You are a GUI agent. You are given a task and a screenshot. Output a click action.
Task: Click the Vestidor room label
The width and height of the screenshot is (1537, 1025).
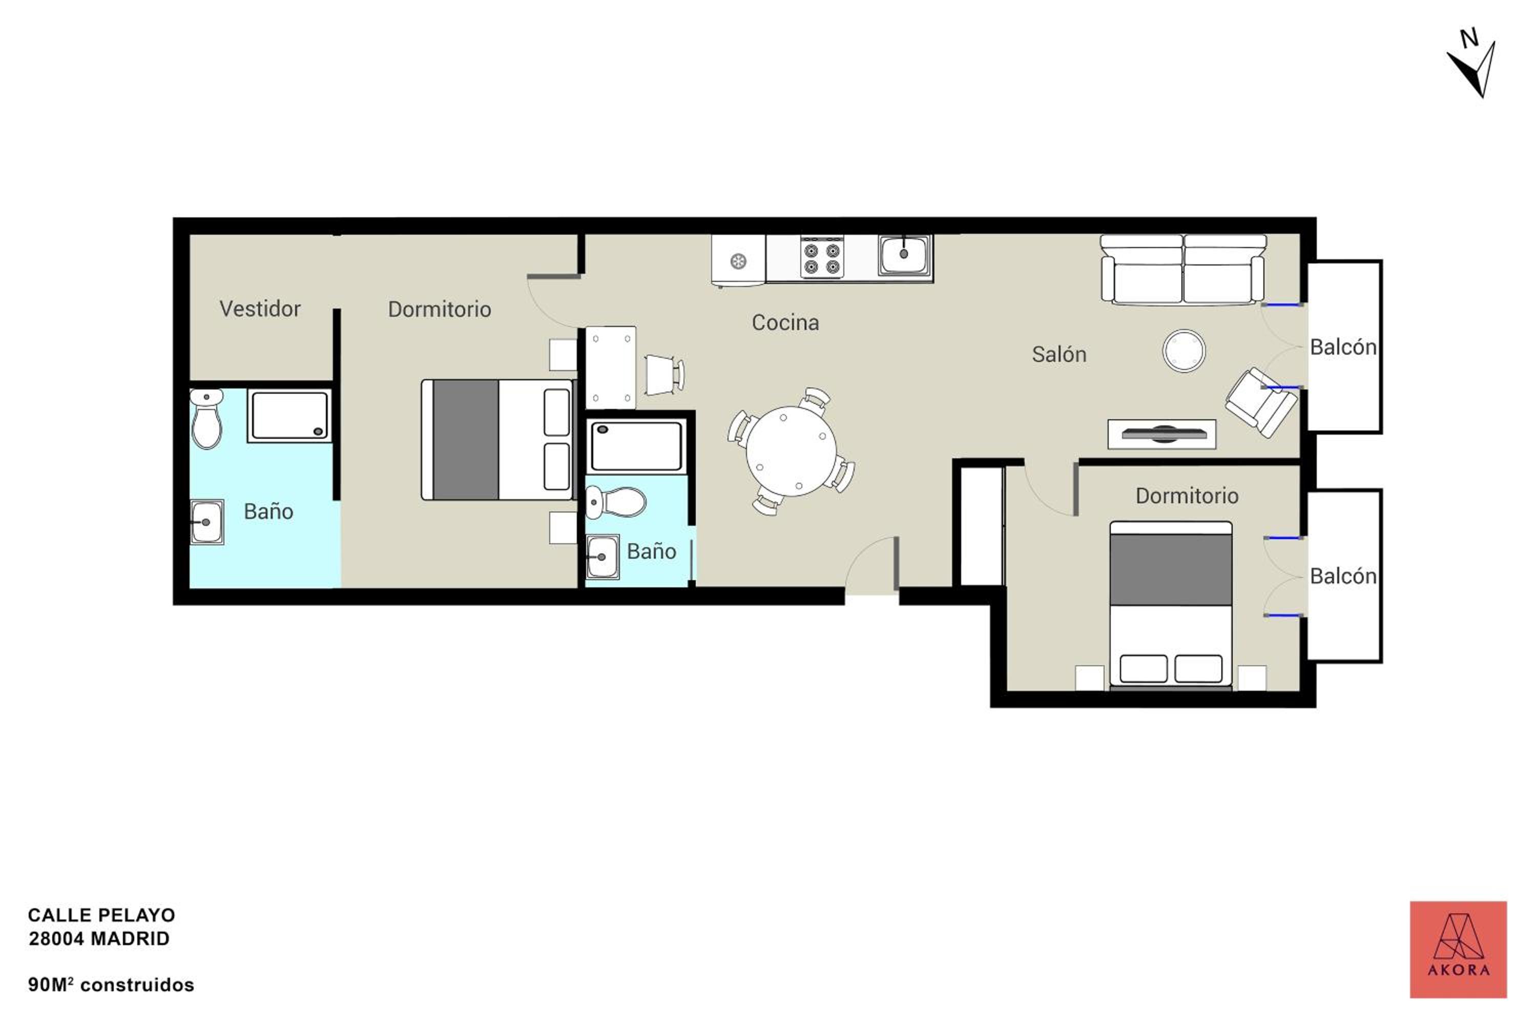point(260,309)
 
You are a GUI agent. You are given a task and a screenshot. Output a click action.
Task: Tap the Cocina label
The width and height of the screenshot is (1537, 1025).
point(785,322)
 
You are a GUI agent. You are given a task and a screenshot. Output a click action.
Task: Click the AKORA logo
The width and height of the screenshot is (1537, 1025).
point(1458,950)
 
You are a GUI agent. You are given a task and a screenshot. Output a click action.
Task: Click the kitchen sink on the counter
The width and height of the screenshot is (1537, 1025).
point(904,254)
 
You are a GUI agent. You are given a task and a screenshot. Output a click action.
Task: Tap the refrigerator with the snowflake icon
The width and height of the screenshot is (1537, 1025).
point(738,261)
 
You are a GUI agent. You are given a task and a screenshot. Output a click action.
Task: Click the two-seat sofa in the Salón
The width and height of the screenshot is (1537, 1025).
point(1183,270)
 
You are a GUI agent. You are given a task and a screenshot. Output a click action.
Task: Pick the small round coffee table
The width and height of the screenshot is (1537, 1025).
point(1184,351)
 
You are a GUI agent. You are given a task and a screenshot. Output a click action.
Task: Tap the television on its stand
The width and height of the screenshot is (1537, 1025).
point(1162,434)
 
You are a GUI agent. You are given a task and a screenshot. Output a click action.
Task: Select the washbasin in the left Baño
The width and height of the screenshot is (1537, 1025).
point(206,522)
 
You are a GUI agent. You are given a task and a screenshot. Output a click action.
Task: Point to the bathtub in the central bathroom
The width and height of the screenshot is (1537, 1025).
point(636,446)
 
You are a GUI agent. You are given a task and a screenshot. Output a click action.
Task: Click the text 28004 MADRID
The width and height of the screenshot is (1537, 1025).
point(99,939)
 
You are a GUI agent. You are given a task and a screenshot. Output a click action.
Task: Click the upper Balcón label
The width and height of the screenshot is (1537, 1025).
point(1343,347)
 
